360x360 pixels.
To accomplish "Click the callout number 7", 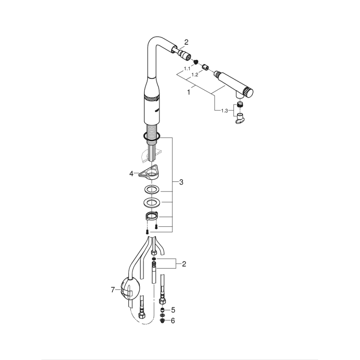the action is [x=112, y=290].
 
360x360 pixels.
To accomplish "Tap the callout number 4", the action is [x=131, y=174].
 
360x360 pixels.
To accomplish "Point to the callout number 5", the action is [x=173, y=309].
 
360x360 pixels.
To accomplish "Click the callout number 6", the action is [x=173, y=320].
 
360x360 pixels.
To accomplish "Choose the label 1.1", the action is [x=187, y=68].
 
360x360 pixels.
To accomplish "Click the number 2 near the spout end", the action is [x=186, y=42].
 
